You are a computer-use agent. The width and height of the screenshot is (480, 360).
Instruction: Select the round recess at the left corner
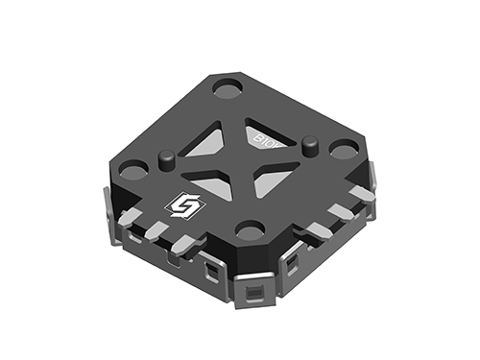134,172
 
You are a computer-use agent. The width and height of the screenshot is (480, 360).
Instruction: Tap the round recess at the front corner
250,229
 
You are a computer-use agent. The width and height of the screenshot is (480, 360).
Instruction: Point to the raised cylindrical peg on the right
309,145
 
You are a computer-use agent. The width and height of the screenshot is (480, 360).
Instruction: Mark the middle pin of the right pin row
340,212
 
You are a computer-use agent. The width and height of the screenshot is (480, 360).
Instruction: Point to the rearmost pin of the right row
362,194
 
